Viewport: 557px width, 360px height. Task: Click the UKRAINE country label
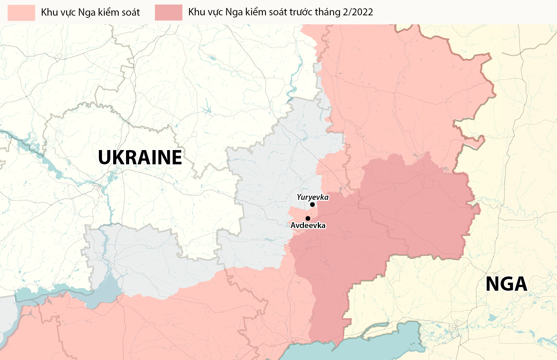point(140,157)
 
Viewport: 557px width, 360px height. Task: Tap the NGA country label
point(506,284)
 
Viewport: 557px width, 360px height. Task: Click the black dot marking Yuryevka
point(312,205)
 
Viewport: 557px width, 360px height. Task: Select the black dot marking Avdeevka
point(308,219)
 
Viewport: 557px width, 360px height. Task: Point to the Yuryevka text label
point(313,197)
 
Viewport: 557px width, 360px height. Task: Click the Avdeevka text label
point(308,226)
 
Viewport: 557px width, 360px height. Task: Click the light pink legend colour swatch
point(21,13)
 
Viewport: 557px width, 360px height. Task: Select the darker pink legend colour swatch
point(168,13)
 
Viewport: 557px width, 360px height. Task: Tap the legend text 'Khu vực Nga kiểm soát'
point(90,13)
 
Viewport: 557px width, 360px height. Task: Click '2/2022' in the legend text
point(358,12)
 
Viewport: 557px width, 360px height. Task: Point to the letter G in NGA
point(507,284)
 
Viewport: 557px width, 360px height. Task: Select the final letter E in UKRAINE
point(176,157)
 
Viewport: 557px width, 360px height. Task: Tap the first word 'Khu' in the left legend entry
point(49,13)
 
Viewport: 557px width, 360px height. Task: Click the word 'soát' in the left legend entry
point(131,13)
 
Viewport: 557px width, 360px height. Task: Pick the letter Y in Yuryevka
point(299,197)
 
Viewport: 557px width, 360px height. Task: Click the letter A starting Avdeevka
point(293,226)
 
